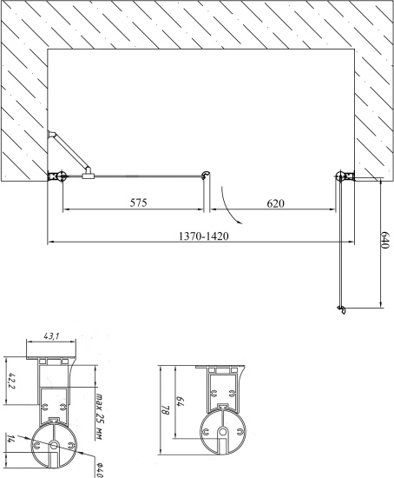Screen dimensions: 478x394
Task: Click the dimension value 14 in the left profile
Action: (x=12, y=439)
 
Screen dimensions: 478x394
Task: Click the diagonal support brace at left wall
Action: (x=70, y=154)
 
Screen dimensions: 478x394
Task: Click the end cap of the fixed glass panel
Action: (x=205, y=176)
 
